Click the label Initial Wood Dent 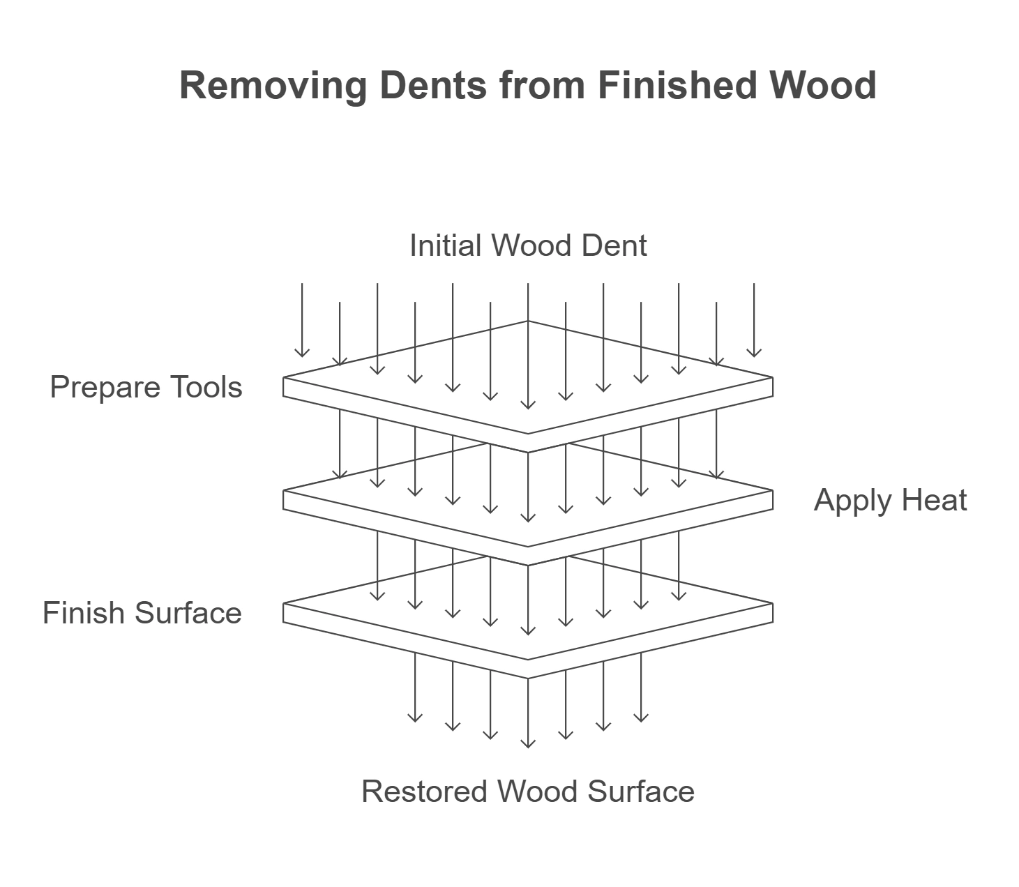coord(528,245)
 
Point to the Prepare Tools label coord(146,387)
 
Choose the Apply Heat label coord(890,501)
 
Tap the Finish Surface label coord(142,613)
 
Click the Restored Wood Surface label coord(528,791)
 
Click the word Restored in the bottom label coord(425,791)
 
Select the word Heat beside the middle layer coord(934,501)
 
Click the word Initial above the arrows coord(446,245)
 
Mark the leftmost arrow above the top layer coord(302,321)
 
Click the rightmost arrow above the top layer coord(754,321)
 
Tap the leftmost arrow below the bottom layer coord(415,687)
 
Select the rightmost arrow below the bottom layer coord(641,687)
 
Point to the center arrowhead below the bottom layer coord(528,743)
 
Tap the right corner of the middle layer coord(772,500)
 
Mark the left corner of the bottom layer coord(284,613)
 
